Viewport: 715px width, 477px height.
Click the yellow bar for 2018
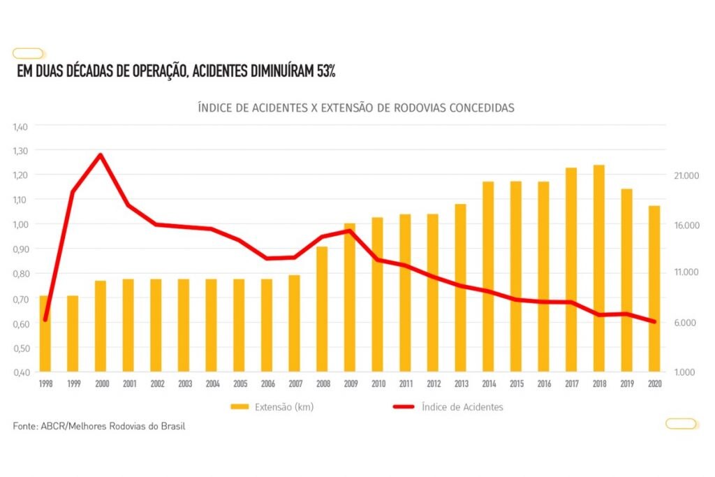[598, 268]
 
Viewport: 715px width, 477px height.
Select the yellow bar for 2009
[349, 298]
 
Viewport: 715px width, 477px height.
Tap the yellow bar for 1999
[73, 333]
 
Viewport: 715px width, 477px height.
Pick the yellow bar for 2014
[488, 277]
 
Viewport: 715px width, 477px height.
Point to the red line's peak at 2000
[101, 154]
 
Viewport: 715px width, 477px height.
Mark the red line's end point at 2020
[654, 322]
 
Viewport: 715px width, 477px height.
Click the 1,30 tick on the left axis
[22, 151]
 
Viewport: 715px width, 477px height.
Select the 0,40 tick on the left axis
[22, 372]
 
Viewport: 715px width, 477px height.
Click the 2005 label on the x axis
[239, 384]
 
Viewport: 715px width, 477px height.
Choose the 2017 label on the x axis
[571, 384]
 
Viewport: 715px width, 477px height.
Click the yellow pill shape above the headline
[29, 53]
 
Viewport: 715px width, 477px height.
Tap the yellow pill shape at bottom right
[681, 423]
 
